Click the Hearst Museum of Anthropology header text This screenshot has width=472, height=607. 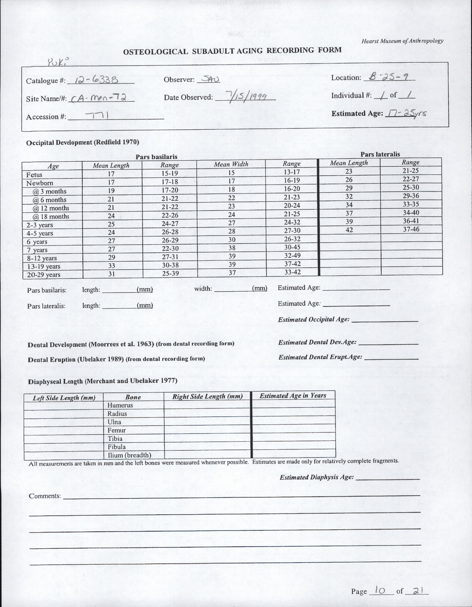[402, 41]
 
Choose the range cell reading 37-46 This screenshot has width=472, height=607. [411, 229]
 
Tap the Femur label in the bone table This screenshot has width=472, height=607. [117, 430]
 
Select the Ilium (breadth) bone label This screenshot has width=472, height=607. [129, 455]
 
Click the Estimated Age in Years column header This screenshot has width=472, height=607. [293, 395]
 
